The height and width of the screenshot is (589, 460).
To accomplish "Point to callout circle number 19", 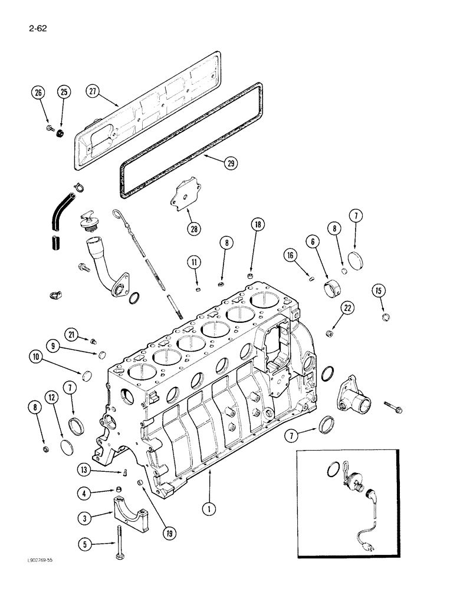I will [x=170, y=535].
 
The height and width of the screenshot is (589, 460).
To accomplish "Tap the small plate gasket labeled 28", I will [x=182, y=192].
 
